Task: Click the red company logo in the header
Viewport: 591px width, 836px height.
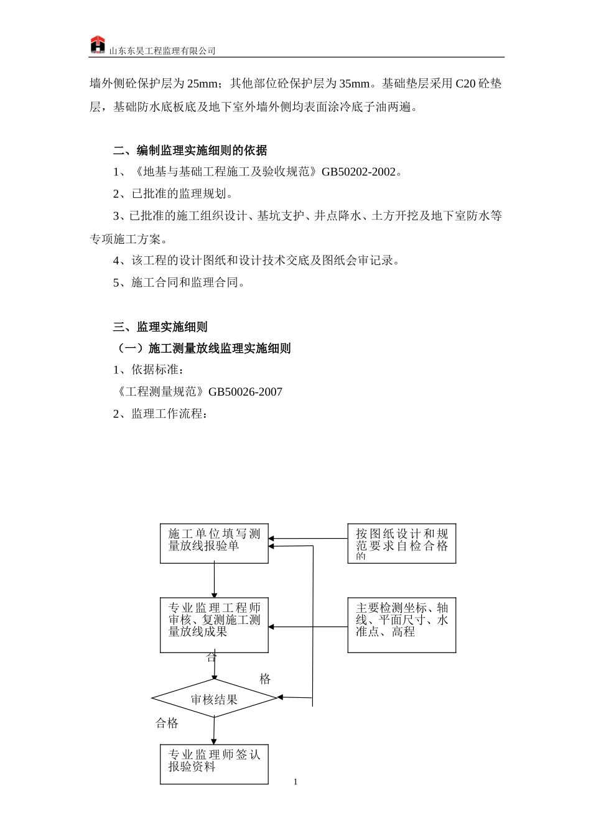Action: [x=98, y=45]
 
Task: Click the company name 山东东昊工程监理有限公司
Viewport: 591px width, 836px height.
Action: [x=162, y=51]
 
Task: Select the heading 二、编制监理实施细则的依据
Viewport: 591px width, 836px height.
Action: [x=190, y=151]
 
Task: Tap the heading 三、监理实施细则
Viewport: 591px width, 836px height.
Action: [x=160, y=327]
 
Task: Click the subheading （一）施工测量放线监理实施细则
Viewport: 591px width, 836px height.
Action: [x=202, y=348]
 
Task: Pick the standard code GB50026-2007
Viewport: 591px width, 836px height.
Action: [x=245, y=392]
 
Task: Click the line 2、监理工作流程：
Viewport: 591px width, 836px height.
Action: [x=160, y=414]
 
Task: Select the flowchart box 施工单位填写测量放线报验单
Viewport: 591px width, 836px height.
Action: [x=214, y=543]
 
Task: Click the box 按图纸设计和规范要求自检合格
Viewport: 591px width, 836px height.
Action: [x=401, y=543]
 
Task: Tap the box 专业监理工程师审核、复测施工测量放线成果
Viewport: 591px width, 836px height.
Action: [x=214, y=625]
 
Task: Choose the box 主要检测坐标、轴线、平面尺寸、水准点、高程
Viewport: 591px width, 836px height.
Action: [x=401, y=625]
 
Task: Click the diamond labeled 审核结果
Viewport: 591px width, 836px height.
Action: [x=214, y=699]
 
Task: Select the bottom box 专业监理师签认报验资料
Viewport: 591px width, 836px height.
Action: [x=214, y=763]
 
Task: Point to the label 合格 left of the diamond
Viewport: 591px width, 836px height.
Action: [x=167, y=723]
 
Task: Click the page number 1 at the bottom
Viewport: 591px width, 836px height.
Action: [x=295, y=782]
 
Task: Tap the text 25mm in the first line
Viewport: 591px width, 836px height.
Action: [x=202, y=84]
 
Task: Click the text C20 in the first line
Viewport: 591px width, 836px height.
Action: [x=465, y=84]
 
